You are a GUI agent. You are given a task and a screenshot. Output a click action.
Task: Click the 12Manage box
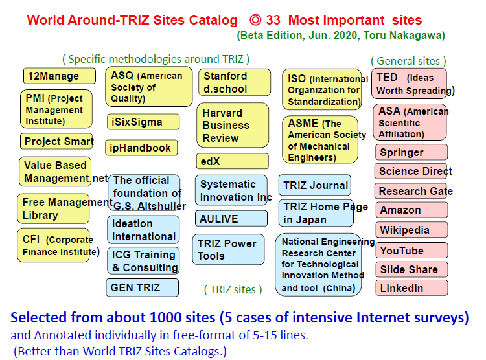tap(60, 76)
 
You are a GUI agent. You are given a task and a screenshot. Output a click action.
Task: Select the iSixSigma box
tap(143, 122)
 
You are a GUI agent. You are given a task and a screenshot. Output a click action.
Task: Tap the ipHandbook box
tap(141, 148)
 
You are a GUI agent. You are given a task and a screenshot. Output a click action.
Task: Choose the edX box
tap(233, 161)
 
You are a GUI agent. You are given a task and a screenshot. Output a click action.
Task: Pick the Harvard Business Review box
tap(233, 125)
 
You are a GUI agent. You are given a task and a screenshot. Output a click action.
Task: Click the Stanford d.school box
tap(235, 82)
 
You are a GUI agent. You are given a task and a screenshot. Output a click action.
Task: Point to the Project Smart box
tap(57, 141)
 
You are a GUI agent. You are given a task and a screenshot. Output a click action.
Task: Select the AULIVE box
tap(231, 219)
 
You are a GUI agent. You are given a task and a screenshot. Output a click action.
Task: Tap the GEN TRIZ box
tap(143, 287)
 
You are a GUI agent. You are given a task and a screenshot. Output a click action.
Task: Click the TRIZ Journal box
tap(315, 185)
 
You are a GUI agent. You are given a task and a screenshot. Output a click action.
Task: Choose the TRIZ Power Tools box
tap(229, 250)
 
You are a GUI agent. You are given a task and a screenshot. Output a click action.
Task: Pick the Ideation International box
tap(143, 230)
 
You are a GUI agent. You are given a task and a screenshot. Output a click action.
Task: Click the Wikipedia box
tap(412, 230)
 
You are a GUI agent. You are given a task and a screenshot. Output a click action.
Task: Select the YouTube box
tap(412, 251)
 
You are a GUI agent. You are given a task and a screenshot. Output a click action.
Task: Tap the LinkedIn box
tap(412, 288)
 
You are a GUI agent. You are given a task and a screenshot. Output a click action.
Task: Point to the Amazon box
tap(412, 210)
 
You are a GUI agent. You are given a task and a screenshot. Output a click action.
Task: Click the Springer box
tap(411, 152)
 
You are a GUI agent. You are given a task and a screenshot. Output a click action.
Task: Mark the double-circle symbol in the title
tap(255, 20)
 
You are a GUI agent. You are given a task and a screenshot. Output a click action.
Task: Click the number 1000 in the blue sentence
tap(165, 318)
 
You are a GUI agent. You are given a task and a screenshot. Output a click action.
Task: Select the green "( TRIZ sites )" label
tap(233, 289)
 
